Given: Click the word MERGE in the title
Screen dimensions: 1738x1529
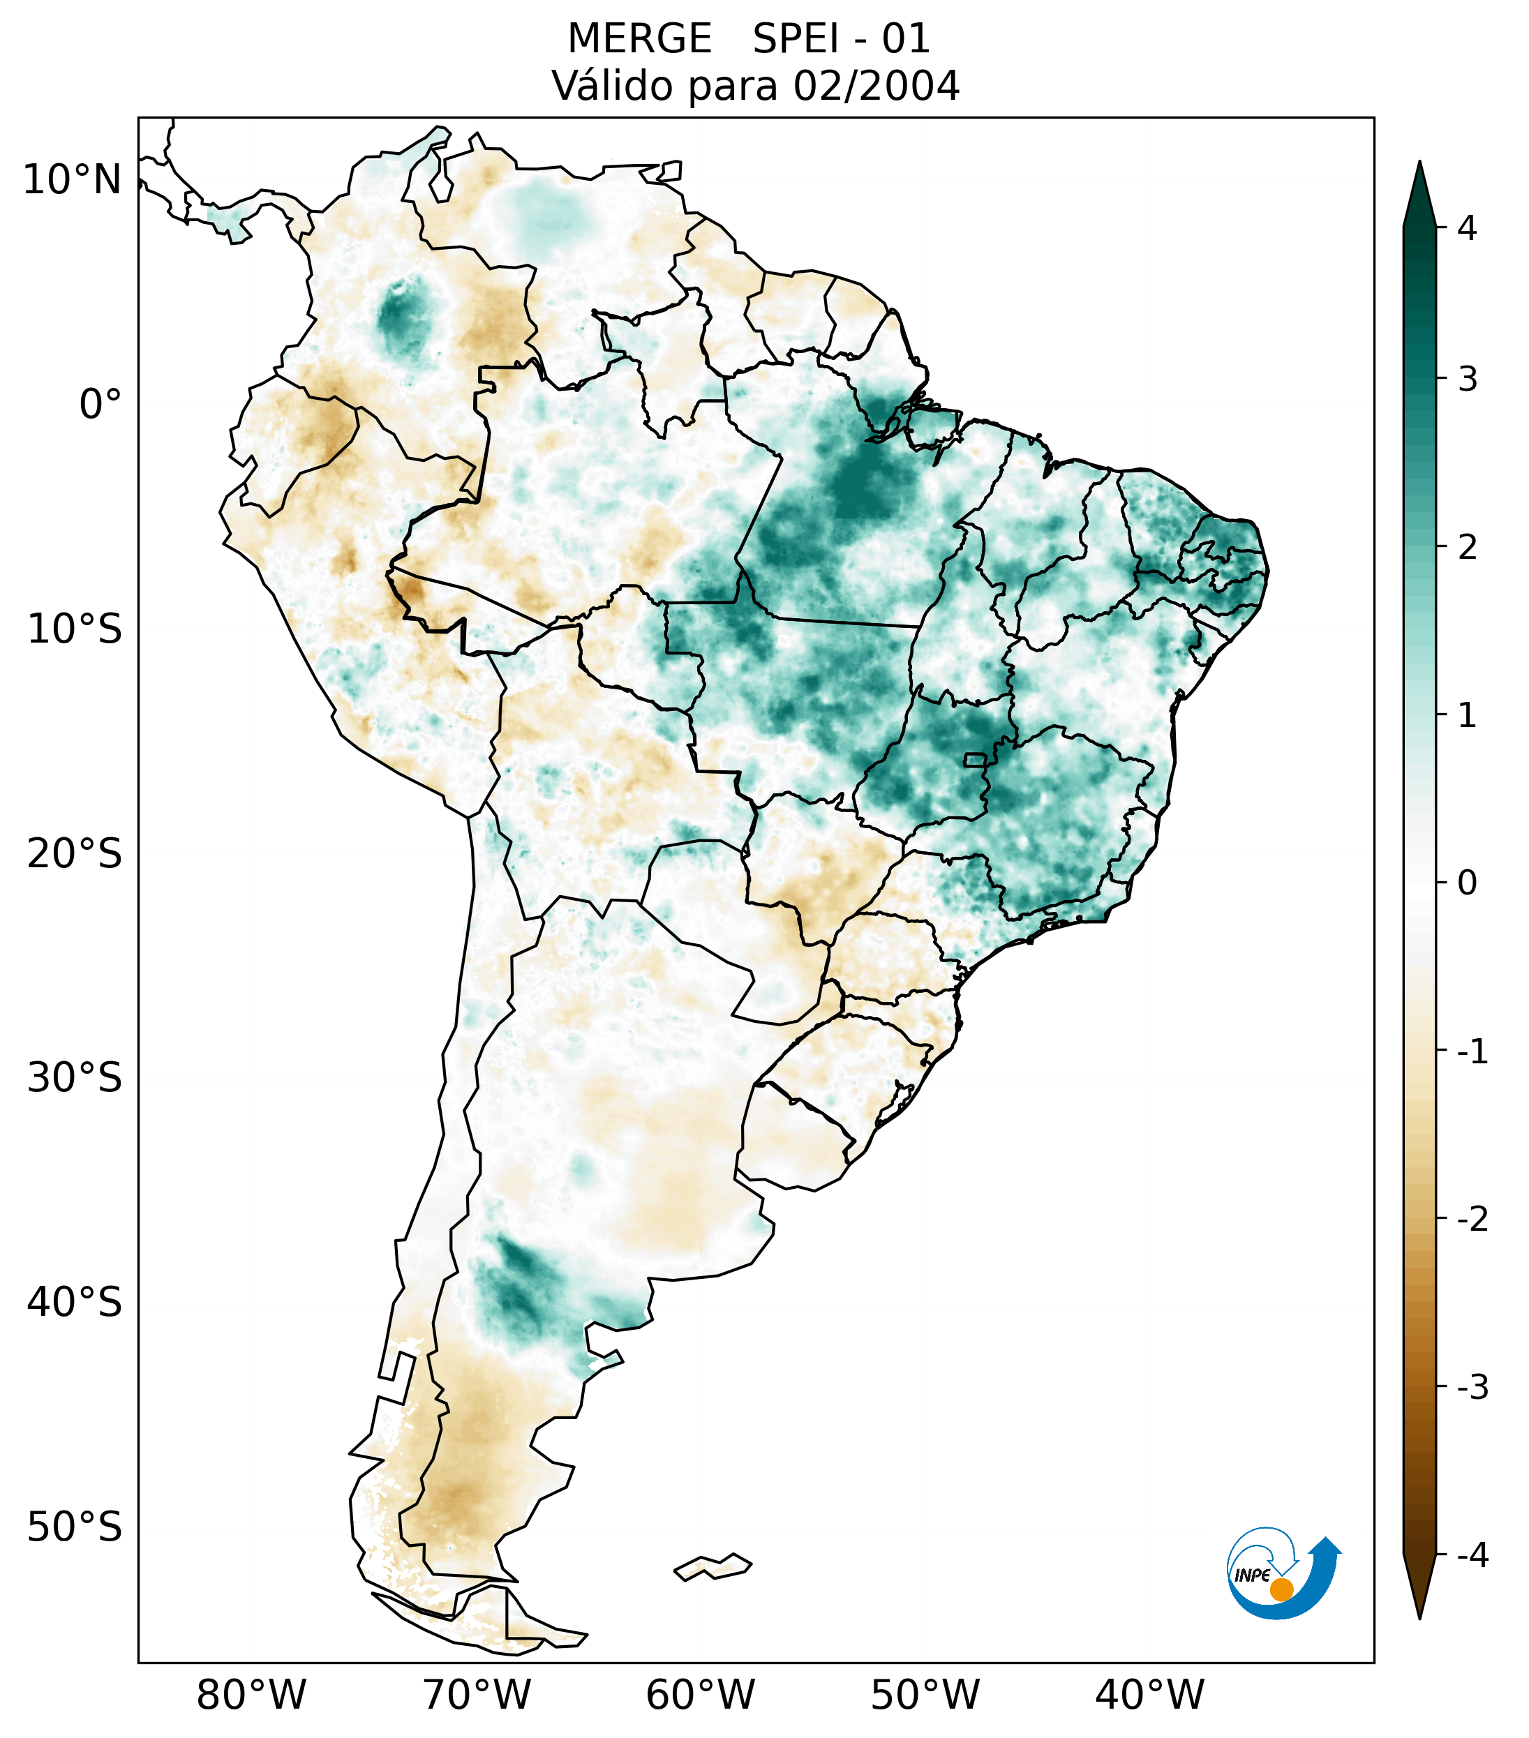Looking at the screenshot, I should pyautogui.click(x=639, y=39).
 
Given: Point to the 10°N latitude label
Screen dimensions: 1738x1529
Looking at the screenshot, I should pyautogui.click(x=73, y=180).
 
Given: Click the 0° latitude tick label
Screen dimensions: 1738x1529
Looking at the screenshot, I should pyautogui.click(x=100, y=405).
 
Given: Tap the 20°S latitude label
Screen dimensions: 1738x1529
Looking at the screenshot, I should pyautogui.click(x=75, y=854).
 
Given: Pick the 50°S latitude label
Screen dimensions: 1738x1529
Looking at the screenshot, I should pyautogui.click(x=75, y=1528).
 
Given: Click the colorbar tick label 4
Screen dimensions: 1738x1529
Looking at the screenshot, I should pyautogui.click(x=1467, y=228).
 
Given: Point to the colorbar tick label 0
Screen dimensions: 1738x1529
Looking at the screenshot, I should pyautogui.click(x=1467, y=883).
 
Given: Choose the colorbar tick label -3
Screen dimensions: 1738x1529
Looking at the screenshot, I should pyautogui.click(x=1472, y=1388).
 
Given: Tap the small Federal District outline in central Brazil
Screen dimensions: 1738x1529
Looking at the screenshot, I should pyautogui.click(x=976, y=759).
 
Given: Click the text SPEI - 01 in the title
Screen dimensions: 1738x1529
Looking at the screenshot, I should pyautogui.click(x=841, y=39).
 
